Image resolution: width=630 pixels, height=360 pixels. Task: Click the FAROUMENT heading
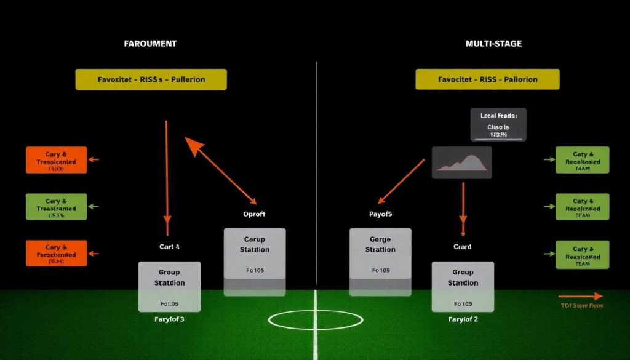click(x=151, y=44)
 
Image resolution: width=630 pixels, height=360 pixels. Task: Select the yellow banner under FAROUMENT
click(x=151, y=79)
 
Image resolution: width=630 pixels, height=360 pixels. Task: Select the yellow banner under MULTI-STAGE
click(x=487, y=79)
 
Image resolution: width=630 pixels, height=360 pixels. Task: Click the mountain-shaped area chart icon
click(x=462, y=162)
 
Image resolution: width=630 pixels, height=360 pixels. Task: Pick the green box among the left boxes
click(x=56, y=206)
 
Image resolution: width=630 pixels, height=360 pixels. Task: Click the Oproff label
click(x=254, y=215)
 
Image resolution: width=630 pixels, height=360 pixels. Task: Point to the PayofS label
click(x=380, y=215)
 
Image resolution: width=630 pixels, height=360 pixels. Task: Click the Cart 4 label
click(x=169, y=247)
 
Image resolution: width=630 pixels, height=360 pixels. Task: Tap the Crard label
click(x=462, y=247)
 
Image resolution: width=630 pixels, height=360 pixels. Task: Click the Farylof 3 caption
click(x=169, y=319)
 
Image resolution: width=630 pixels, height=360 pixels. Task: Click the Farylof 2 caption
click(x=462, y=319)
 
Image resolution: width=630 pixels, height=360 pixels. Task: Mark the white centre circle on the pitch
click(x=316, y=319)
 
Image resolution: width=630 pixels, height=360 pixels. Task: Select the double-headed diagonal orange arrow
click(x=221, y=170)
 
